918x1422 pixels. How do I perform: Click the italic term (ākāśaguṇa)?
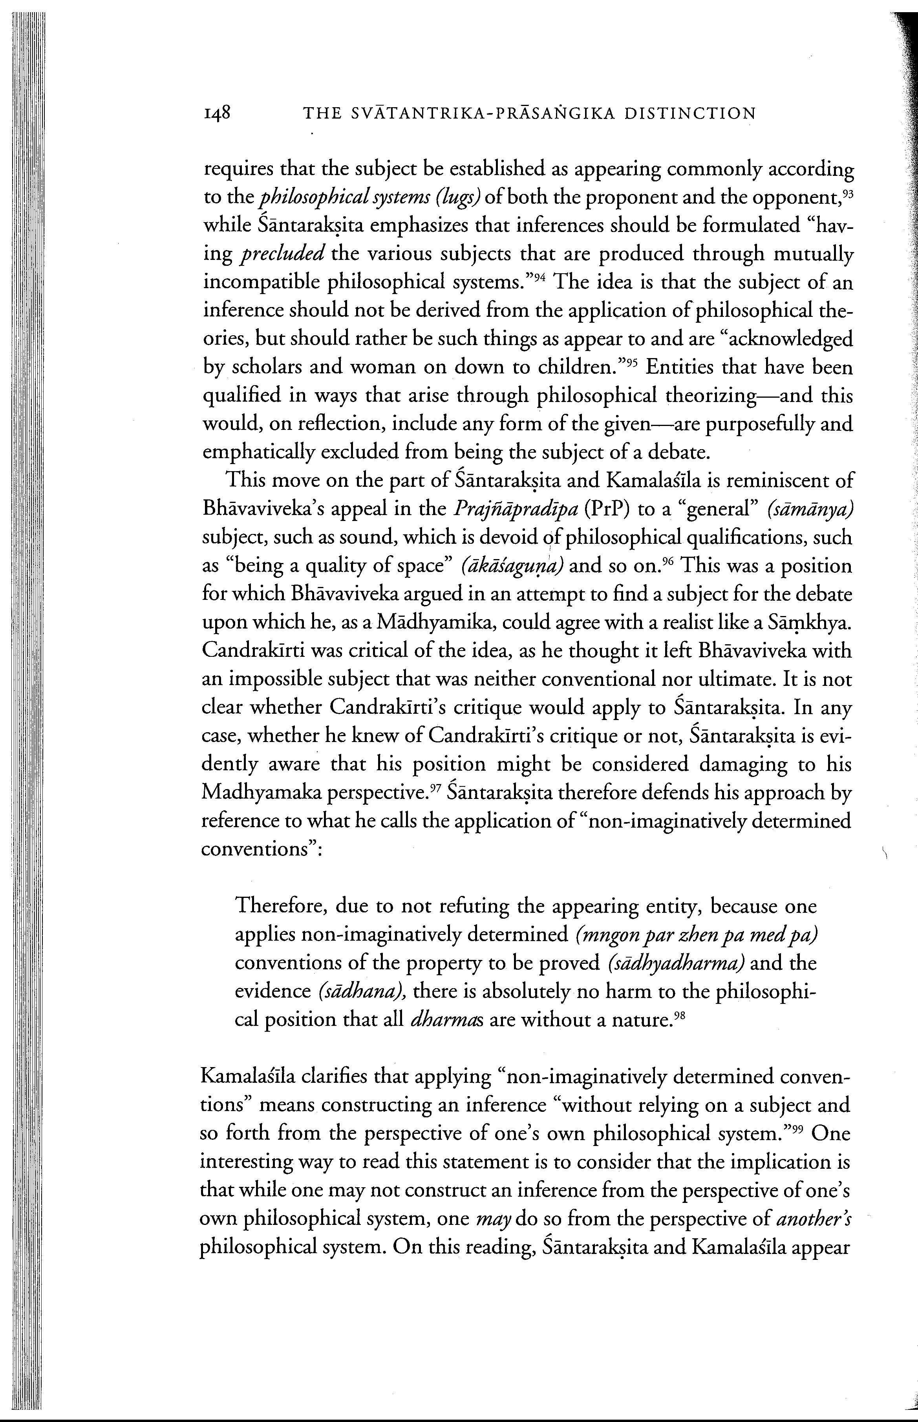pos(512,566)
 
